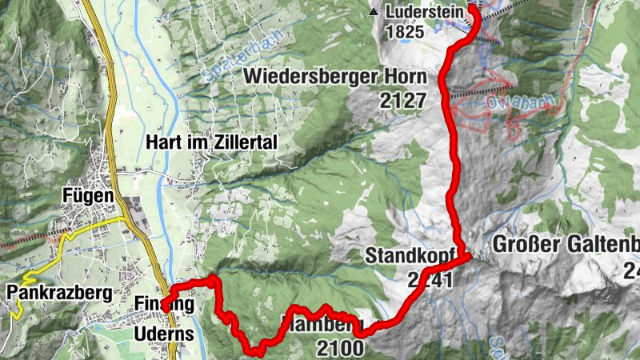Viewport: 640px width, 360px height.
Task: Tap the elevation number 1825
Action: [x=402, y=33]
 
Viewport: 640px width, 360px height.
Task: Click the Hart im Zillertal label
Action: [x=212, y=142]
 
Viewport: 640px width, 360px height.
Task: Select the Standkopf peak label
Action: [x=404, y=256]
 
